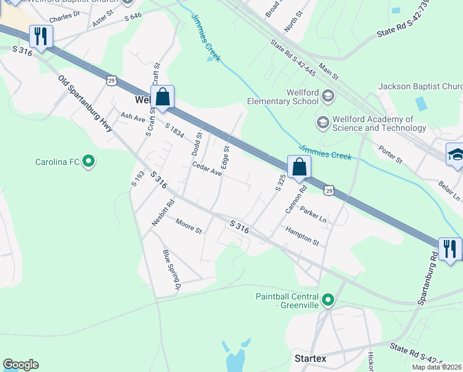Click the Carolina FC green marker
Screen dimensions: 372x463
(89, 162)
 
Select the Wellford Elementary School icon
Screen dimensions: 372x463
(327, 95)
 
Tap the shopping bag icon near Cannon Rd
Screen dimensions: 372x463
(299, 167)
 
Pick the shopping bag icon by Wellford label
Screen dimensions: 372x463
(162, 97)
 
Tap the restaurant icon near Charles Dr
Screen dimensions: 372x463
(41, 36)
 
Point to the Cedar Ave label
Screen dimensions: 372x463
(207, 169)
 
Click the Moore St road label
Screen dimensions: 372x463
(189, 226)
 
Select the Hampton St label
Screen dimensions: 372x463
(302, 236)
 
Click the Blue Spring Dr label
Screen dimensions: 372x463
(170, 270)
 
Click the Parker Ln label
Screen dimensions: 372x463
(313, 215)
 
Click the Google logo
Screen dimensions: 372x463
(20, 365)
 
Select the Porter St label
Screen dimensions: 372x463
(391, 155)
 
